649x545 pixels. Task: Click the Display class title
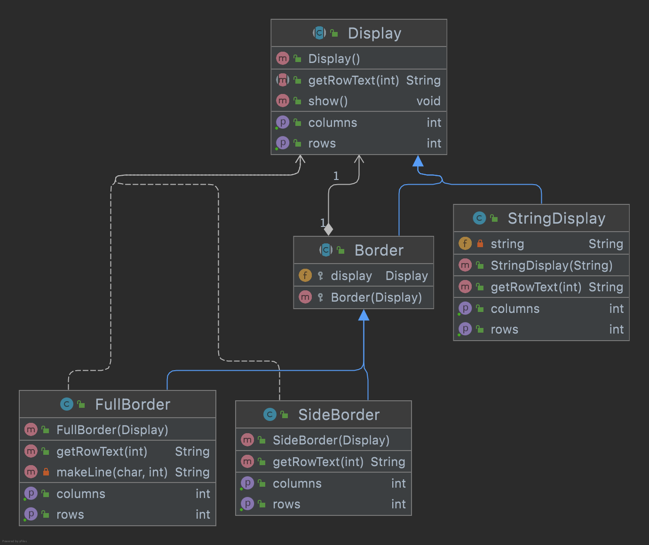(374, 33)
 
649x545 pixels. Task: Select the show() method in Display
(328, 101)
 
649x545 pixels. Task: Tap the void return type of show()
(428, 101)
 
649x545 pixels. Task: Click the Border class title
(379, 250)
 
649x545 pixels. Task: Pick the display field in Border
(351, 276)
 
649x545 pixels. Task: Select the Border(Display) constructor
(376, 297)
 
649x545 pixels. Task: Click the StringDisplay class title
(556, 218)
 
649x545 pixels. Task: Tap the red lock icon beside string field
(480, 243)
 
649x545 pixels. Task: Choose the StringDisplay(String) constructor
(551, 265)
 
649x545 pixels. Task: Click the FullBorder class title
(133, 405)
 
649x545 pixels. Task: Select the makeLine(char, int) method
(112, 472)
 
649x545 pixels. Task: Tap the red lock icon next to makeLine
(46, 472)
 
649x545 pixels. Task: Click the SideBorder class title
(339, 415)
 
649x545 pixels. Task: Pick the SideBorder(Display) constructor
(331, 440)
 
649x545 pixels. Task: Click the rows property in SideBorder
(286, 504)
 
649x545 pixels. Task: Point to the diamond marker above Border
(328, 229)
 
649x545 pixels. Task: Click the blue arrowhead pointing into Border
(364, 315)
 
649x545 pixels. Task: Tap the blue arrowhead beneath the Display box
(418, 162)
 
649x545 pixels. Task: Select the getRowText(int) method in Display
(353, 80)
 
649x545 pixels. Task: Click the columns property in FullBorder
(81, 494)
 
